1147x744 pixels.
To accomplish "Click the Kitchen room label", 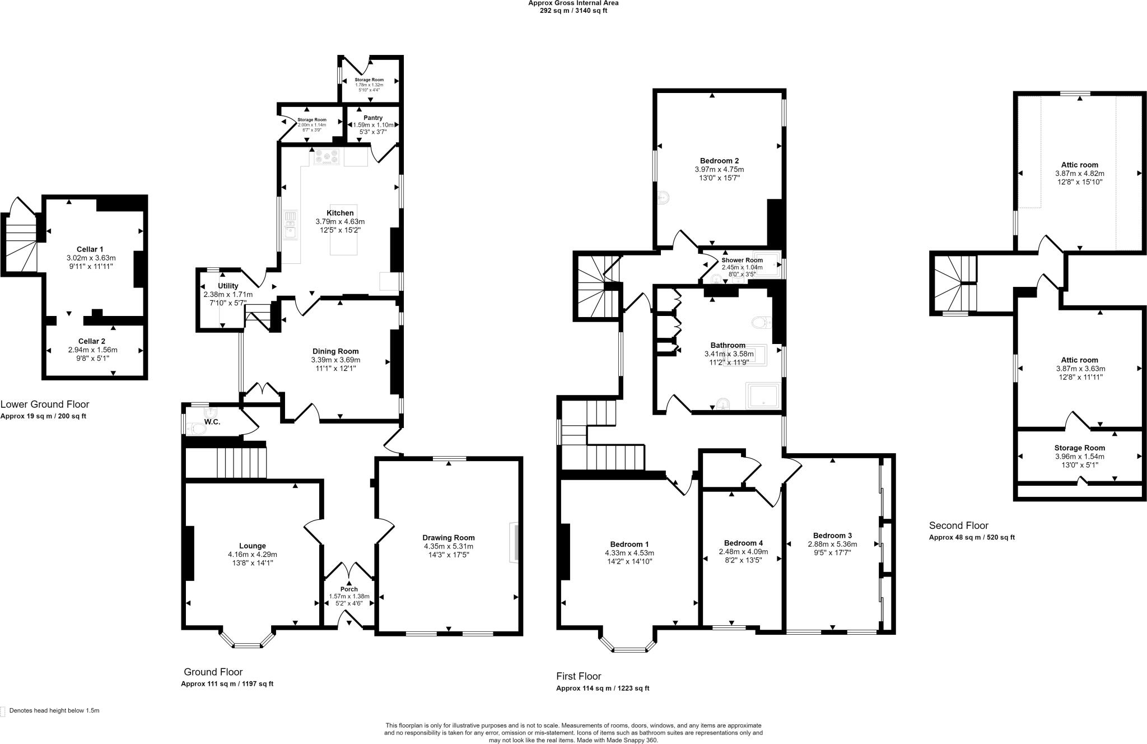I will (340, 213).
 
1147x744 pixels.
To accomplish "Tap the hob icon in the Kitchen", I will (327, 157).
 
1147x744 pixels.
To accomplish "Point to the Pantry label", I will (373, 118).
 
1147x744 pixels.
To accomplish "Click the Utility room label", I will (228, 286).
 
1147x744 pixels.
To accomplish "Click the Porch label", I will (349, 589).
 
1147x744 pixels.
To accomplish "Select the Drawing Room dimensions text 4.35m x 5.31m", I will (448, 546).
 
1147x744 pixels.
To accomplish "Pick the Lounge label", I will (252, 546).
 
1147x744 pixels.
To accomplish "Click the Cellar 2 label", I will (92, 341).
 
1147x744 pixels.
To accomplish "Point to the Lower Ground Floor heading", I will (45, 404).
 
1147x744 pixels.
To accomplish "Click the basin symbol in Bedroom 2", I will (664, 198).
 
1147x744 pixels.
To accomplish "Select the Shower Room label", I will (742, 261).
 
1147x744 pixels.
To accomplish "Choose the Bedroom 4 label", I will (743, 543).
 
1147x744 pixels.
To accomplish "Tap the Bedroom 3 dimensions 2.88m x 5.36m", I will (832, 544).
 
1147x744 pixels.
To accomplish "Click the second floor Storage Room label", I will (1079, 448).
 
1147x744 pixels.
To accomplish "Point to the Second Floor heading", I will (958, 526).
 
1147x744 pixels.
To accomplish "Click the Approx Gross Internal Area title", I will (573, 3).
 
